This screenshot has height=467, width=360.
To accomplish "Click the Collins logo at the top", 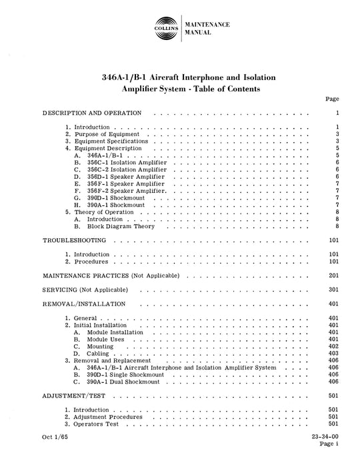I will pos(163,30).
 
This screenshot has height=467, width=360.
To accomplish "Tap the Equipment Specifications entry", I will pos(110,141).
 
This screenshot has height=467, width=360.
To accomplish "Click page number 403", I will pos(335,354).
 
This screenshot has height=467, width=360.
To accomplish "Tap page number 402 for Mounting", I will pos(335,346).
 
